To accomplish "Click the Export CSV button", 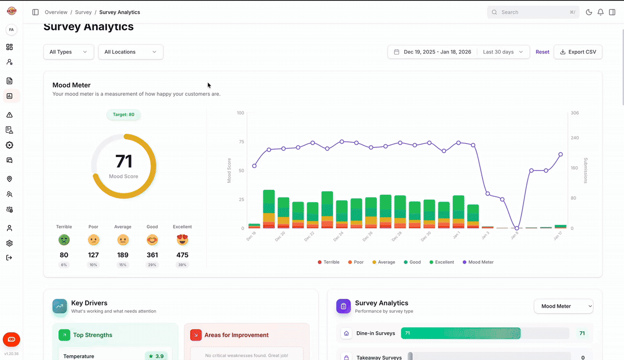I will coord(578,52).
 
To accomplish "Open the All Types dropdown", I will coord(68,52).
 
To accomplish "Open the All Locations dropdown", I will coord(131,52).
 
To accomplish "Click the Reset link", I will coord(542,52).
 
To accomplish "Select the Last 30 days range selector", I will coord(503,52).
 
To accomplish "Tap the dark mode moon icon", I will coord(589,12).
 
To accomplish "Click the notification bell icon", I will coord(601,12).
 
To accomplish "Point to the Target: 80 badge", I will coord(124,115).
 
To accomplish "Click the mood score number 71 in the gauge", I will coord(124,162).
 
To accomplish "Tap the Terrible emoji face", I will coord(64,240).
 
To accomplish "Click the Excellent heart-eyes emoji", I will coord(182,240).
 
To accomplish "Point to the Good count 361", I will coord(152,255).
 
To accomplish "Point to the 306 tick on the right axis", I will coord(574,113).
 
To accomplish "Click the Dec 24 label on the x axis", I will coord(338,237).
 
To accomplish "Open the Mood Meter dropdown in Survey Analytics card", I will coord(564,306).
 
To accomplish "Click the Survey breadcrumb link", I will coord(83,12).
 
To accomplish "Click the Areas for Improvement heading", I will coord(236,335).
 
